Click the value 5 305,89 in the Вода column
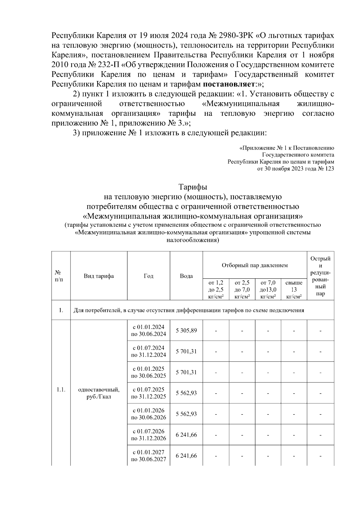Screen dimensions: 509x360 pyautogui.click(x=186, y=331)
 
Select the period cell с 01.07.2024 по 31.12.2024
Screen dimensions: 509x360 pyautogui.click(x=148, y=352)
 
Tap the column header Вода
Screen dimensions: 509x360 pyautogui.click(x=186, y=276)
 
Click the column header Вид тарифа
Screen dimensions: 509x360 pyautogui.click(x=99, y=276)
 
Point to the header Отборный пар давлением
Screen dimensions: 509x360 pyautogui.click(x=255, y=265)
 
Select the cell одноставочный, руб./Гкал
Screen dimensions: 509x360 pyautogui.click(x=99, y=393)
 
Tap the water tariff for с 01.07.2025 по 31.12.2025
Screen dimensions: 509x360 pyautogui.click(x=186, y=393)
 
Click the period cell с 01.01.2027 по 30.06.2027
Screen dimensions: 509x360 pyautogui.click(x=148, y=456)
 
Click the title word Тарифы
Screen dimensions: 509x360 pyautogui.click(x=193, y=187)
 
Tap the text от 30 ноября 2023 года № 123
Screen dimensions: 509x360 pyautogui.click(x=295, y=169)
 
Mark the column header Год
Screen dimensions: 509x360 pyautogui.click(x=148, y=276)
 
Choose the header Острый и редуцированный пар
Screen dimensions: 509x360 pyautogui.click(x=320, y=276)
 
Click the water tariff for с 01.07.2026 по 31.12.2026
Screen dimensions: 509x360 pyautogui.click(x=186, y=435)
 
